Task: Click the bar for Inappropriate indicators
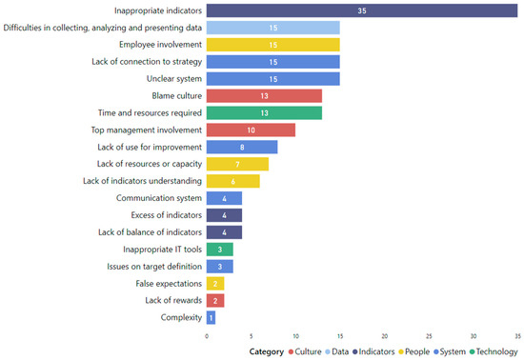362,10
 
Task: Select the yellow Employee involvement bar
272,45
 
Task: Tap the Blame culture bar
264,95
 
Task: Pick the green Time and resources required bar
264,112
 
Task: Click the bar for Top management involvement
251,130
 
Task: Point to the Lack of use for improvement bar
242,147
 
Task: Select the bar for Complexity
211,317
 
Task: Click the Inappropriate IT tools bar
219,249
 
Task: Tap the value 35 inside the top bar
362,10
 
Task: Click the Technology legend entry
490,350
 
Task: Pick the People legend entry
412,350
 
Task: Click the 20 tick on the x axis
384,334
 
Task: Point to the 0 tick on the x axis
207,334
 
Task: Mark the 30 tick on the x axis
473,334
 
